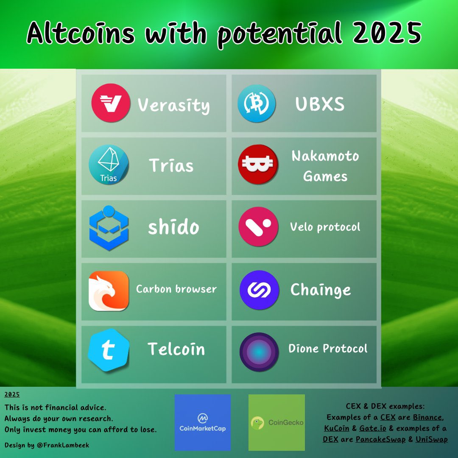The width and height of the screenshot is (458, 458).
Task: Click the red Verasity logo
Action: [111, 103]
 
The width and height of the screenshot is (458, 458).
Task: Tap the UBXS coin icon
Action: [257, 103]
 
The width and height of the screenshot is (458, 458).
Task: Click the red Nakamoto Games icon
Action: [258, 165]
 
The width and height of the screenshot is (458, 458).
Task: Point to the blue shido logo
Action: [109, 228]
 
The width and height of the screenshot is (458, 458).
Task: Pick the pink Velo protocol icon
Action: [258, 226]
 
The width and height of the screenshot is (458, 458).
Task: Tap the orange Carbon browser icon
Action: [109, 290]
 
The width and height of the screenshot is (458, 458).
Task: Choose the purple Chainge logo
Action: [259, 290]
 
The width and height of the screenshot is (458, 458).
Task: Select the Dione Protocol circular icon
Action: [259, 352]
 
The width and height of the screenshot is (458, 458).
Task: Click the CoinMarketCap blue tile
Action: [203, 422]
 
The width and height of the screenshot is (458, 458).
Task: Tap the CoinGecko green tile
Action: [276, 422]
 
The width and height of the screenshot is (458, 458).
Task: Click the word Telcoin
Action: [176, 349]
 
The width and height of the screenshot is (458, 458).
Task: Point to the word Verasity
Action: [173, 105]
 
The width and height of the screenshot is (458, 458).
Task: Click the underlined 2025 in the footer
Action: [12, 394]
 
